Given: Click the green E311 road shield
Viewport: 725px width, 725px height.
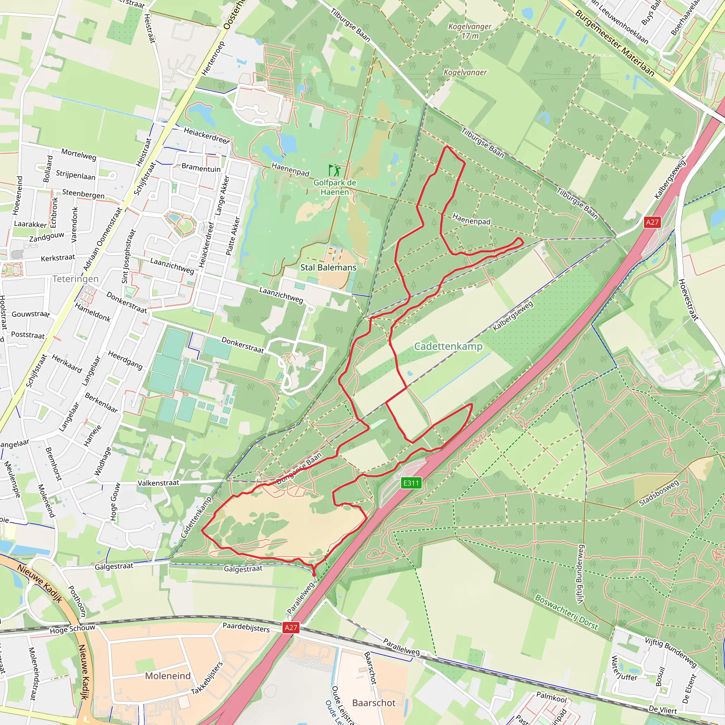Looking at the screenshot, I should coord(411,483).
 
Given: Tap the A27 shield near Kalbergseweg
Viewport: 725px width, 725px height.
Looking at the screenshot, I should coord(652,222).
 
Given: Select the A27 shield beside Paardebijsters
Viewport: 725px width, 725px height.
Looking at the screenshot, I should coord(291,627).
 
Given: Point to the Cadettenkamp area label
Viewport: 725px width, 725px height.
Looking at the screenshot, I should coord(448,346).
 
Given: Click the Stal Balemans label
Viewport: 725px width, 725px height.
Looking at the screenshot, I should coord(329,268).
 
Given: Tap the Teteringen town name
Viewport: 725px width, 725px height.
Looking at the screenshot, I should coord(75,279).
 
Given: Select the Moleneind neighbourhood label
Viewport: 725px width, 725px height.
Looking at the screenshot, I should coord(168,676).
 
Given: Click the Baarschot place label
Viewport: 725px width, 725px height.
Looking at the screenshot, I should coord(374,703).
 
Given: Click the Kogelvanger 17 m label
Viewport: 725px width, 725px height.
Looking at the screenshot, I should coord(470,31).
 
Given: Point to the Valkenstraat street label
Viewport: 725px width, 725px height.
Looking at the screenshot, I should coord(158,483).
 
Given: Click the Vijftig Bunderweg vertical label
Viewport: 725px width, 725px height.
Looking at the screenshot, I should coord(580,574).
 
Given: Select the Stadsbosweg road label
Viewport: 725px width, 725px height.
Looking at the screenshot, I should coord(659,493).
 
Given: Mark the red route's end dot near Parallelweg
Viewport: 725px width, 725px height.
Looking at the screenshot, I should coord(314,574).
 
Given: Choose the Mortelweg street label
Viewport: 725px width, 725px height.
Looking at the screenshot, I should coord(79,154).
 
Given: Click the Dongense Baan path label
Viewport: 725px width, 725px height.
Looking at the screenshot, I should coord(299,468).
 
